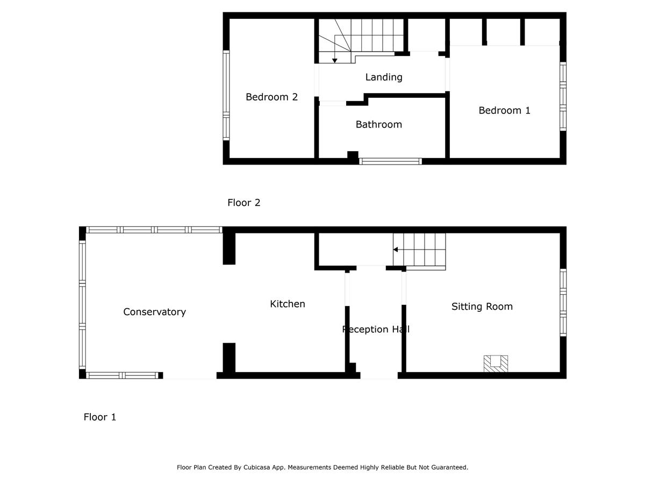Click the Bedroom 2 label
271,97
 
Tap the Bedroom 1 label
504,110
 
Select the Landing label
384,77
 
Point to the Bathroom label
379,125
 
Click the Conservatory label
155,312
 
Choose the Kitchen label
288,304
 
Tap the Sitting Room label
482,307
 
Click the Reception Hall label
376,329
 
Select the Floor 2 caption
244,203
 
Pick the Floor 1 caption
100,417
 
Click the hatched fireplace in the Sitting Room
496,364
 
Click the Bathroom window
391,161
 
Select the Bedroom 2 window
226,95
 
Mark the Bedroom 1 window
563,96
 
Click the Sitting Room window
563,302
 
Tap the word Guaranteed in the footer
451,467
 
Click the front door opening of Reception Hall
379,375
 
